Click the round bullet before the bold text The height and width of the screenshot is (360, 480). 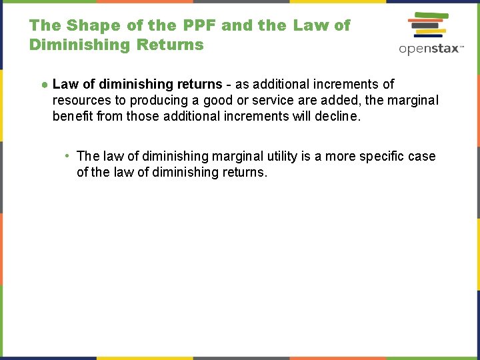pos(43,85)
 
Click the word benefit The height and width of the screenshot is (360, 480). pos(73,116)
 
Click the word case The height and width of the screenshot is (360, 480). pos(423,156)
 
